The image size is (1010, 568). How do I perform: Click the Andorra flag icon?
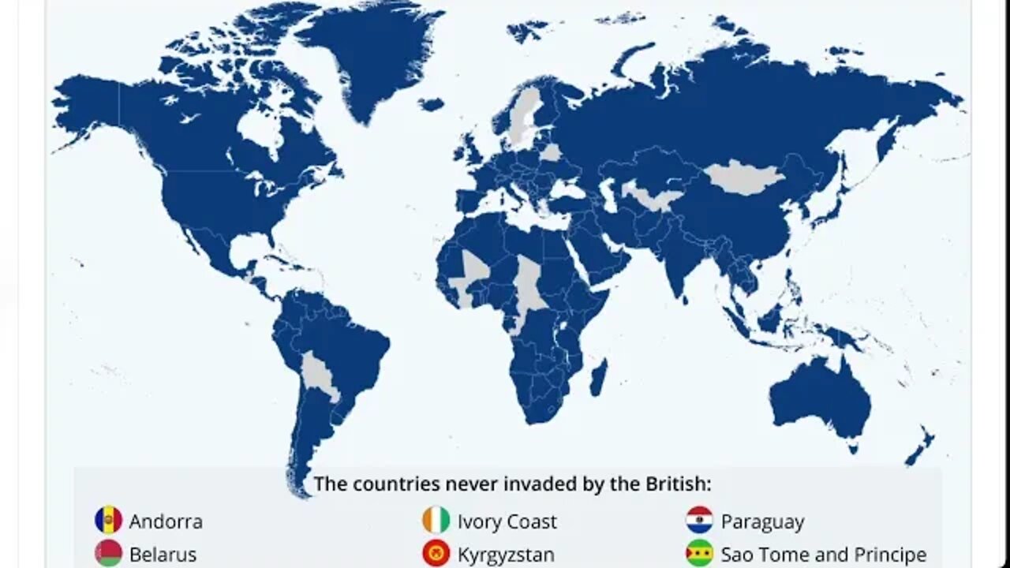(108, 521)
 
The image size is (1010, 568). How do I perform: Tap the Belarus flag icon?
(108, 554)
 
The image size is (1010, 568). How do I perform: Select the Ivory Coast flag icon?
(436, 521)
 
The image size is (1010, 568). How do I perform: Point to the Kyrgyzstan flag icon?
(436, 554)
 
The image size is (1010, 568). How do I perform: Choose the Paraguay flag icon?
(699, 521)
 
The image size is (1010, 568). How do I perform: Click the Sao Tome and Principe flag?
(699, 554)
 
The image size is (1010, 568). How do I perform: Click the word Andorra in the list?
(166, 521)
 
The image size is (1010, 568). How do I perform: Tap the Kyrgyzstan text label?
(506, 555)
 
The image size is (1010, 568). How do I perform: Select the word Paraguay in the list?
(762, 522)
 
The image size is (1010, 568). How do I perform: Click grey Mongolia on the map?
(742, 177)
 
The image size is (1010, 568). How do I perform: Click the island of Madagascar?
(598, 377)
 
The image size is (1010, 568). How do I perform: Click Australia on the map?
(821, 398)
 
